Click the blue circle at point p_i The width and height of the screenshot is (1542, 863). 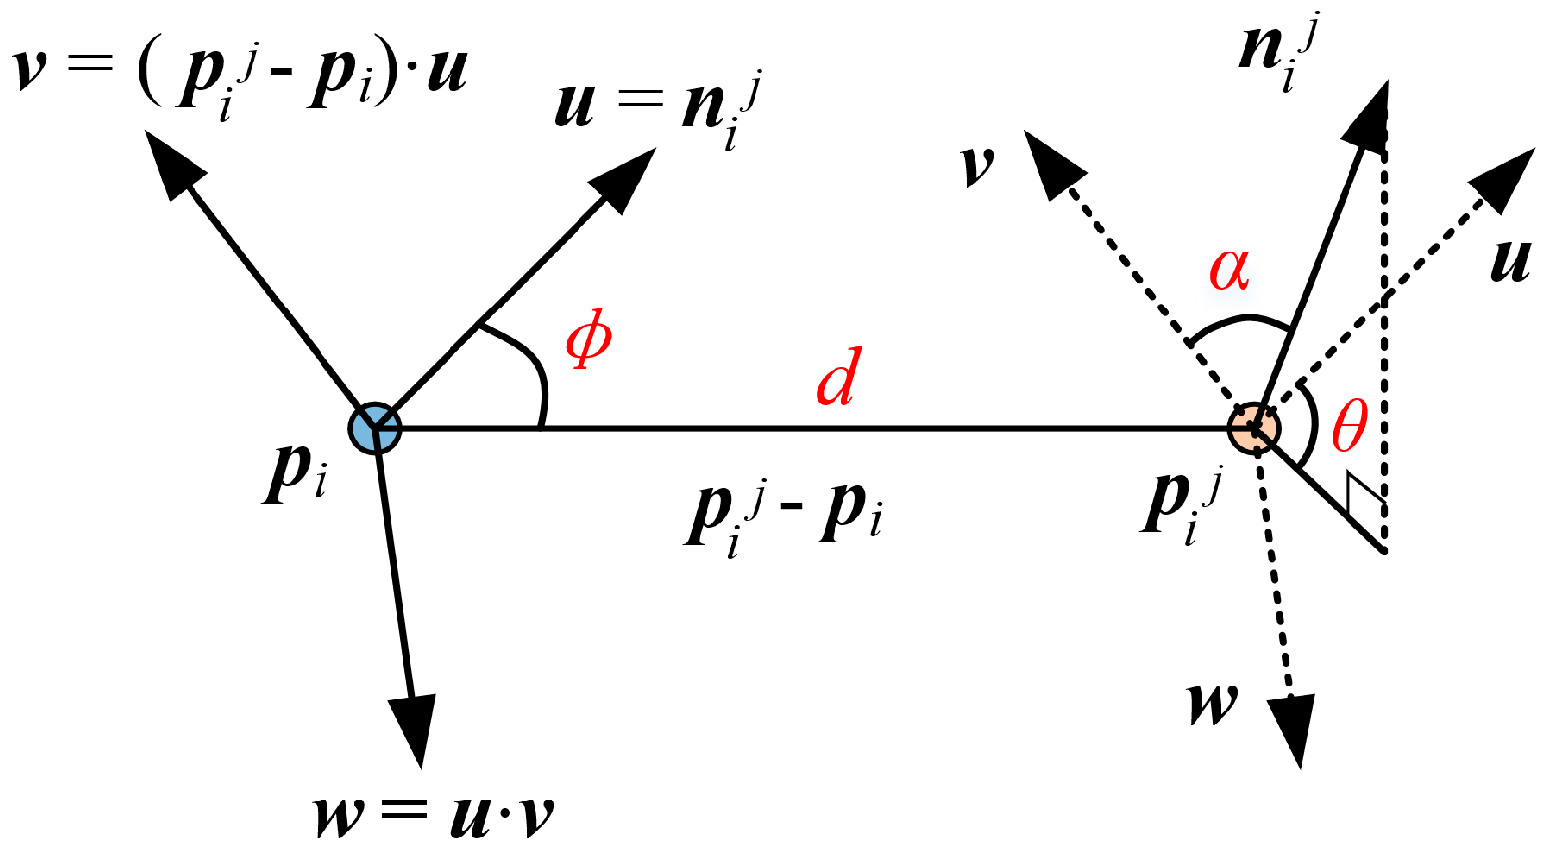click(x=375, y=429)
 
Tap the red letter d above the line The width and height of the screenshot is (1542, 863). click(x=836, y=378)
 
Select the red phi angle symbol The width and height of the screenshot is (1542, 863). click(x=588, y=341)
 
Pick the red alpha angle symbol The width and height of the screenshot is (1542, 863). click(x=1228, y=269)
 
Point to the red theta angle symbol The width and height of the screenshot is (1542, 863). click(x=1349, y=427)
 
